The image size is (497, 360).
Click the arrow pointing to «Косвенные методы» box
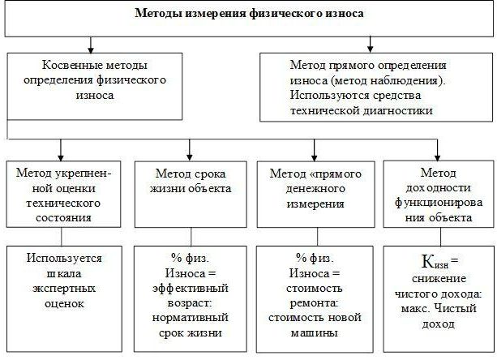(x=91, y=45)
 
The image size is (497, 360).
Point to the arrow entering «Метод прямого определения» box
(x=370, y=45)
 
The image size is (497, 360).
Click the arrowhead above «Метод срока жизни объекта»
(x=190, y=157)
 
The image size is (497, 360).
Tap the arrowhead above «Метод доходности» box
(x=438, y=157)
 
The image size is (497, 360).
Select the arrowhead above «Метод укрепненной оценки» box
(x=61, y=157)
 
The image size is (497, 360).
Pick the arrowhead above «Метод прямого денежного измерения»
(x=314, y=157)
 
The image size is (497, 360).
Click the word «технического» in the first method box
(x=63, y=203)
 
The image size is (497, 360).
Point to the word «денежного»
(x=315, y=189)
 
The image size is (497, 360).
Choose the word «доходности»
(x=439, y=188)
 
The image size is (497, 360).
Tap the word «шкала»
(x=64, y=273)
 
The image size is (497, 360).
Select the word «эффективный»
(x=191, y=289)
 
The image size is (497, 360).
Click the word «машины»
(x=314, y=333)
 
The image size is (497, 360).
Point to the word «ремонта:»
(x=314, y=303)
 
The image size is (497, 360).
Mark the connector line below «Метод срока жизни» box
(x=191, y=237)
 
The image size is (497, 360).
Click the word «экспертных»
(x=64, y=289)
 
